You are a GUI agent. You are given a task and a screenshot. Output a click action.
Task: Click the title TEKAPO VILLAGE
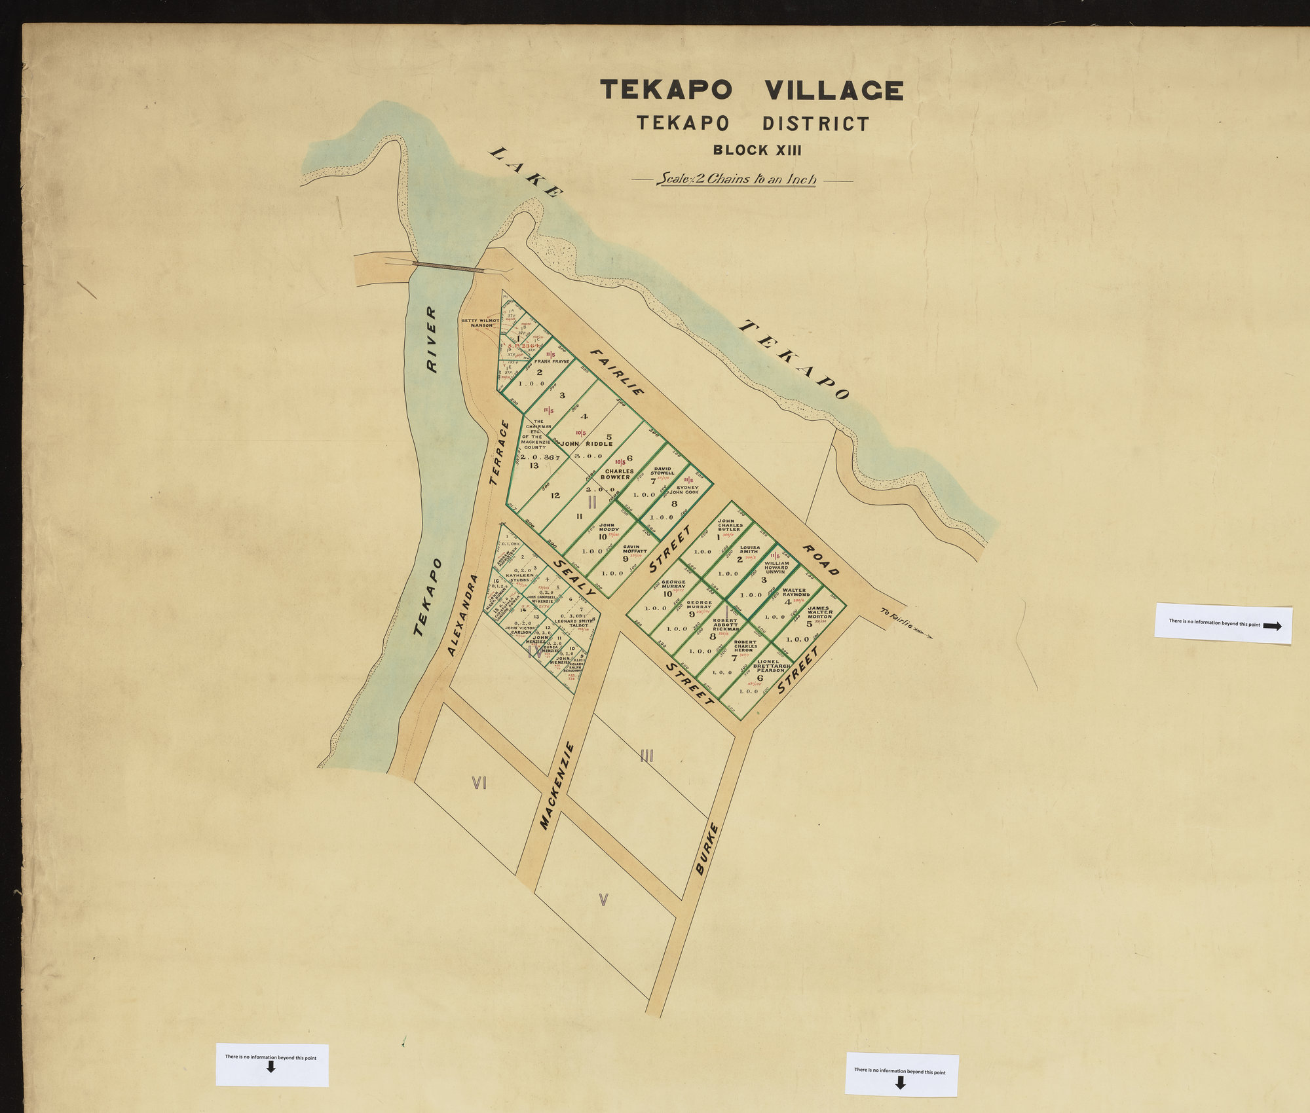pos(751,90)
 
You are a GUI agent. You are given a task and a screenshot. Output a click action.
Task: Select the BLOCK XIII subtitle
pos(757,150)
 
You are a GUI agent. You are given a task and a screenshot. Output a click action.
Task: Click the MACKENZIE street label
pos(557,786)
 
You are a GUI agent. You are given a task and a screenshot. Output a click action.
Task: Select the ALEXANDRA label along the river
pos(464,615)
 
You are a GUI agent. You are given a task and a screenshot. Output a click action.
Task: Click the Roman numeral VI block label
pos(479,782)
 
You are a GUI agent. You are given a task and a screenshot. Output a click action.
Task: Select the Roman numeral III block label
pos(646,757)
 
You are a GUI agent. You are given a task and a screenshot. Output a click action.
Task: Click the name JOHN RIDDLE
pos(586,443)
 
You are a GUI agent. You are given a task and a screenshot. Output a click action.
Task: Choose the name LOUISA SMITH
pos(749,549)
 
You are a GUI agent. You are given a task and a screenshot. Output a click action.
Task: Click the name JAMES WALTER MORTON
pos(819,612)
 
